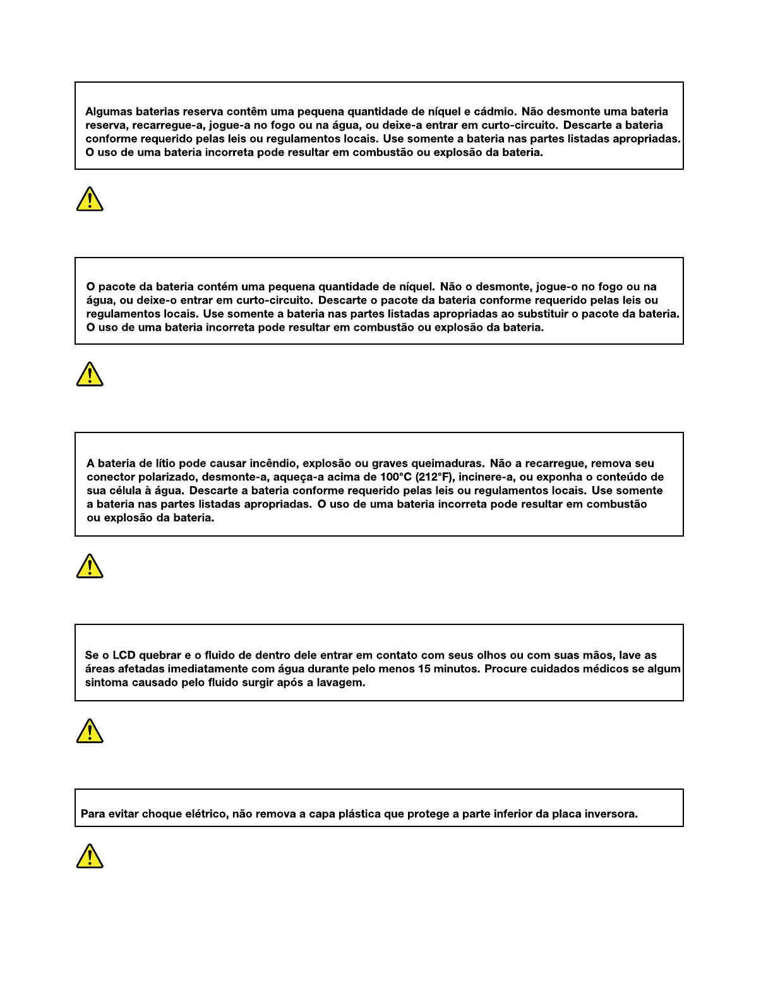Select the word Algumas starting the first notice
109,112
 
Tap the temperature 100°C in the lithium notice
396,477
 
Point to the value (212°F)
435,477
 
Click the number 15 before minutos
424,669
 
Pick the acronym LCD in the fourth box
124,655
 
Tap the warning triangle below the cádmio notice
90,199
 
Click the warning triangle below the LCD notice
90,731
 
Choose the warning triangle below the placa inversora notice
90,856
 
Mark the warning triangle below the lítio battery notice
90,566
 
